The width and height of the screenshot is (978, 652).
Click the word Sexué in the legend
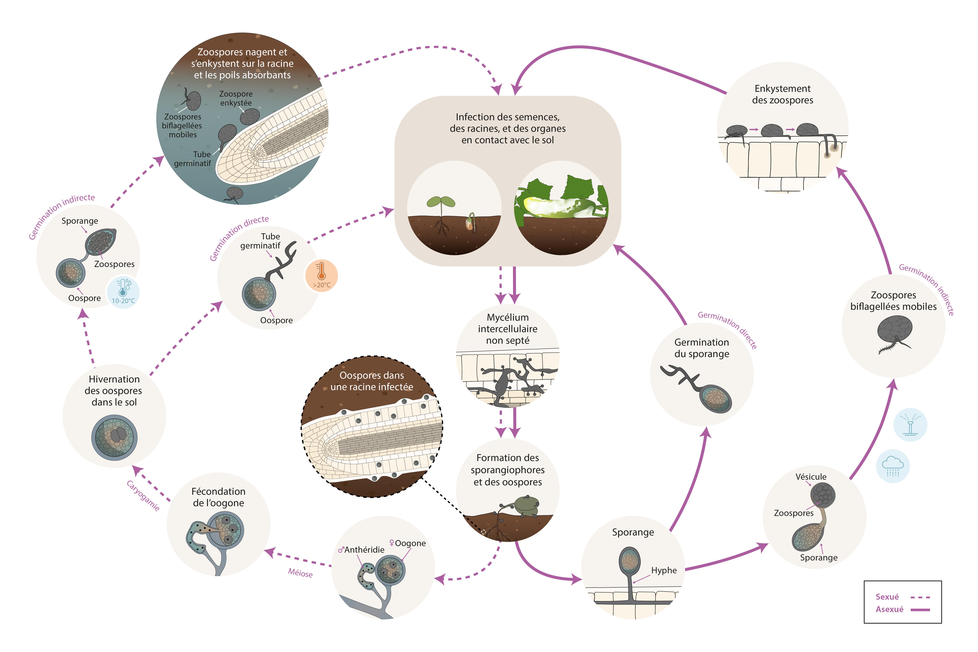887,597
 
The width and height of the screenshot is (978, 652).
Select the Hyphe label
664,570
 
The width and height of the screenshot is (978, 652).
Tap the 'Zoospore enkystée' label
236,98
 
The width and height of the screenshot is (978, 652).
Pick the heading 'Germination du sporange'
702,348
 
